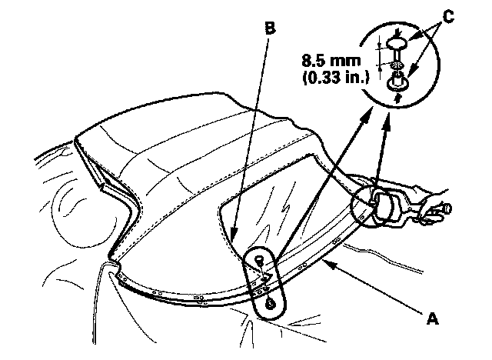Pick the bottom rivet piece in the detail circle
coord(399,82)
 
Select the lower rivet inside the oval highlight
coord(269,303)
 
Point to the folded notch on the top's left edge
coord(101,183)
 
